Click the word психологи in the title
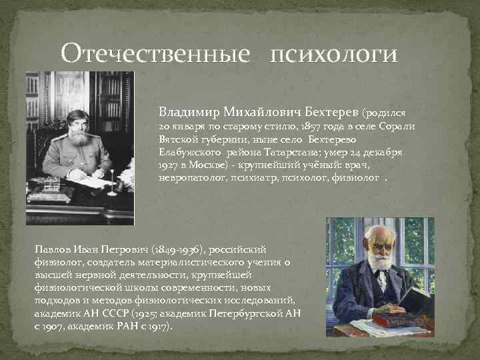[x=333, y=53]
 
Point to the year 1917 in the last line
[x=157, y=327]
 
